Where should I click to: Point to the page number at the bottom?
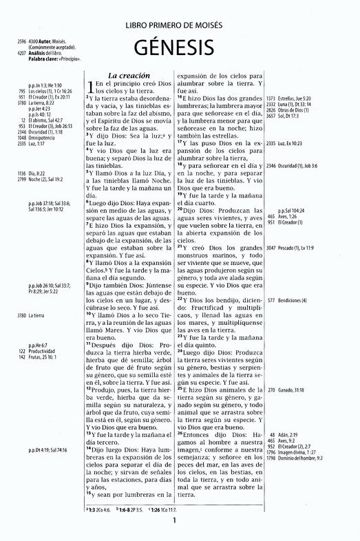point(176,520)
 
